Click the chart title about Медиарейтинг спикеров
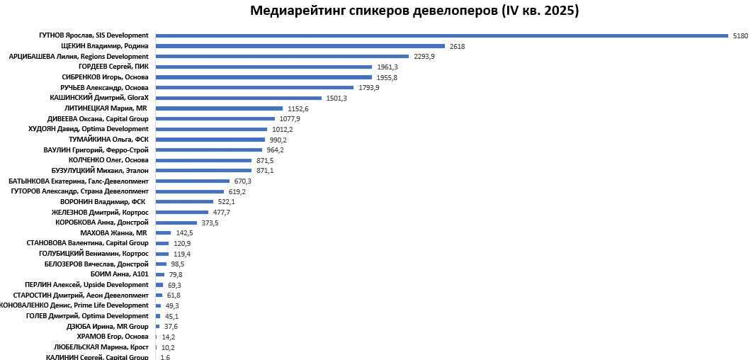414,11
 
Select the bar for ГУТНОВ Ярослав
441,35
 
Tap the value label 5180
740,35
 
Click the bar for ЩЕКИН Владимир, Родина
300,46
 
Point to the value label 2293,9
424,56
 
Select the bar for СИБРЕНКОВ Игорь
264,77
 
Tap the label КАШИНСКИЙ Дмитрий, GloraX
99,98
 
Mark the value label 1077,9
290,119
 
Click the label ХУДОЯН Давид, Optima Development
89,129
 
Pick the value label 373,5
210,223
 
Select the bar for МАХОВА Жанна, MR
164,233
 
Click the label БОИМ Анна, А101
120,274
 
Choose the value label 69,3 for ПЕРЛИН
174,285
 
